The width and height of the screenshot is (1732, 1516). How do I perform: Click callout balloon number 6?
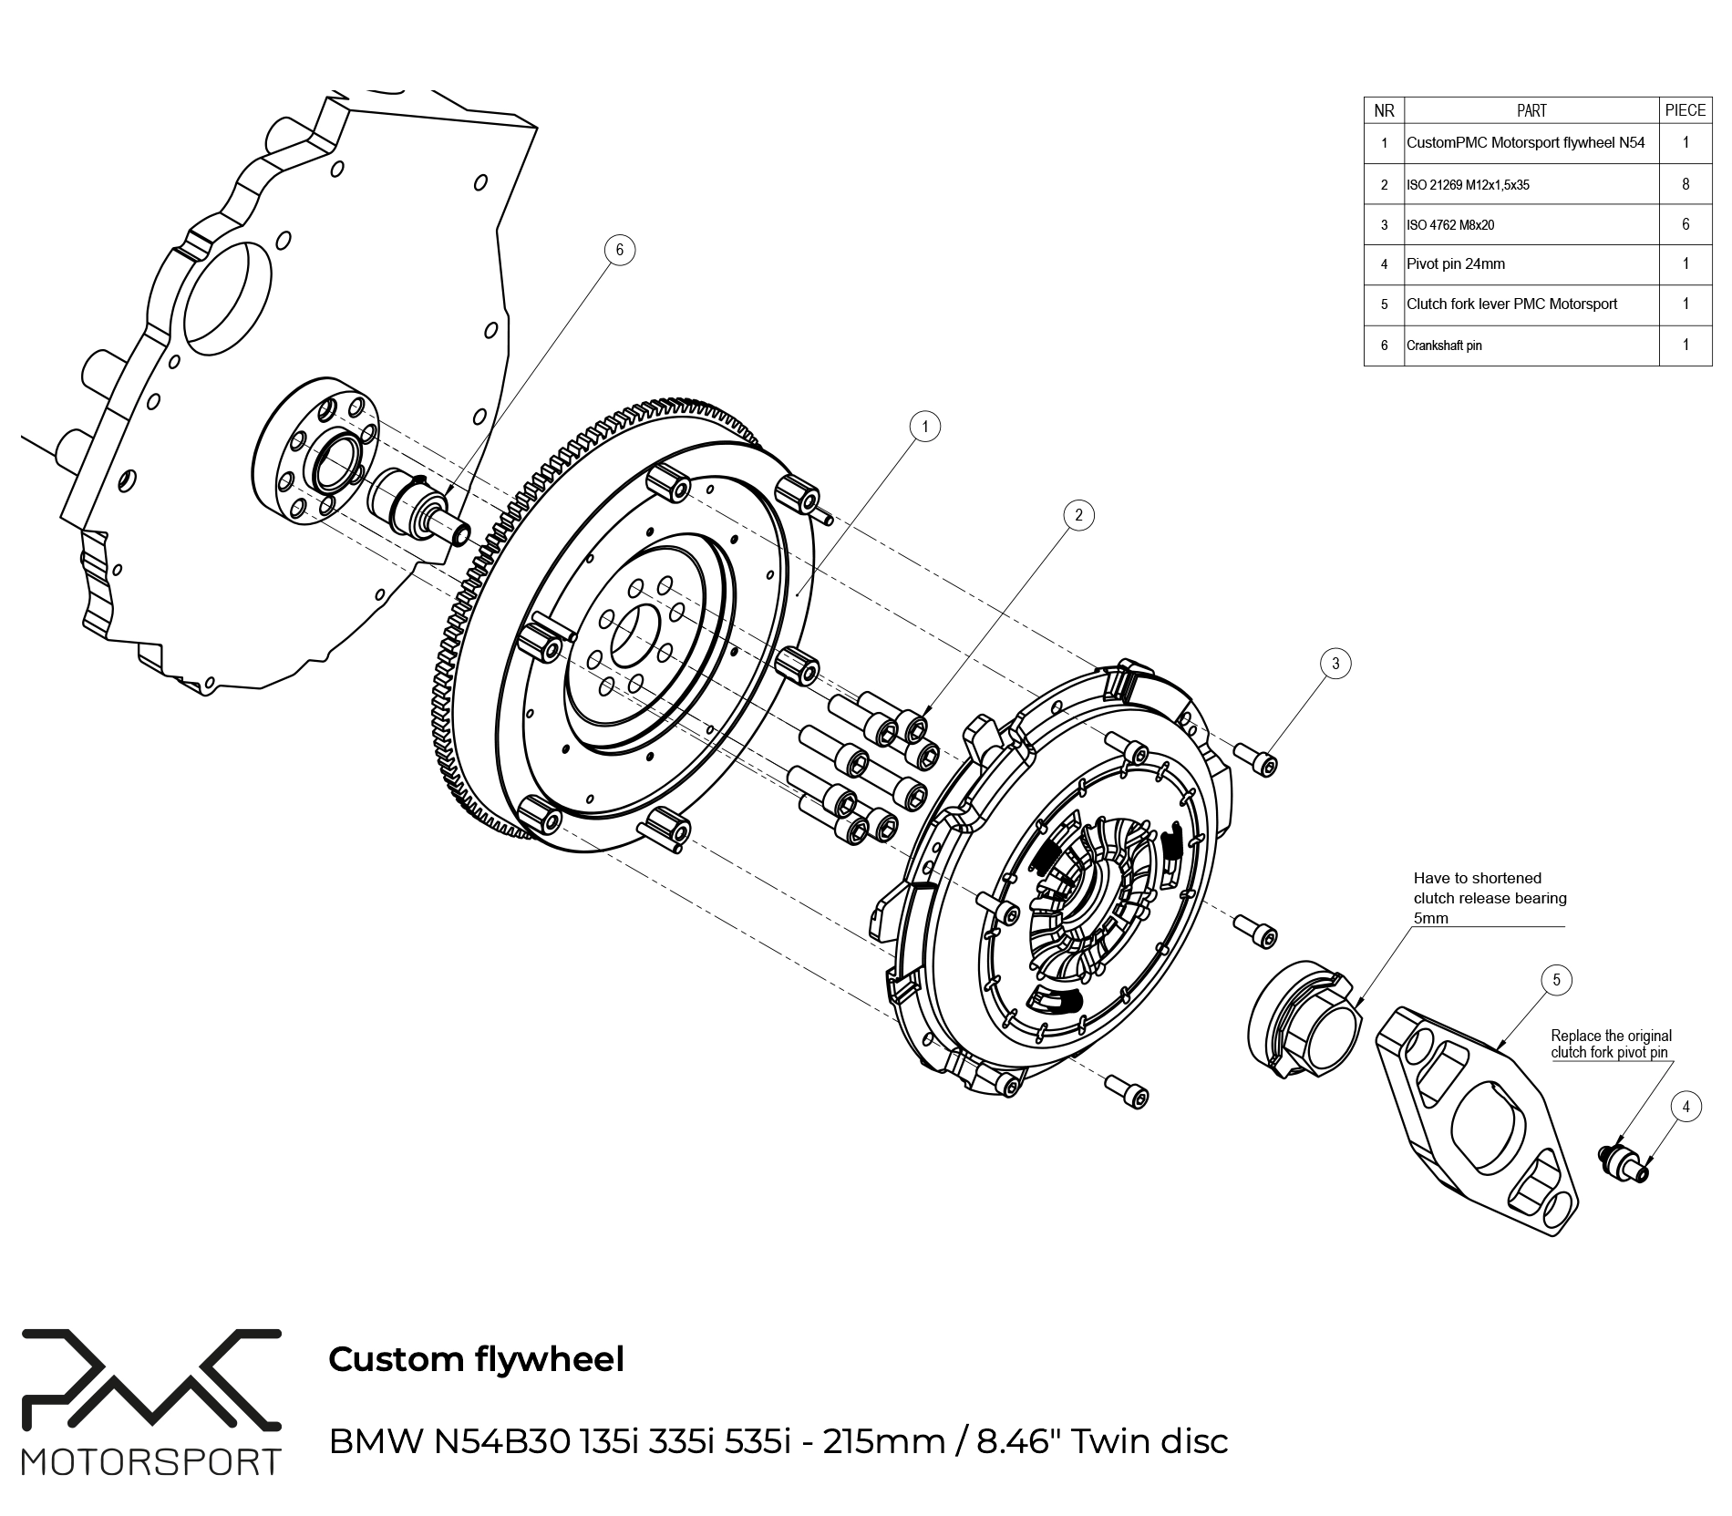coord(619,250)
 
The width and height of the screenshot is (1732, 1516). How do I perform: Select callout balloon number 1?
coord(925,426)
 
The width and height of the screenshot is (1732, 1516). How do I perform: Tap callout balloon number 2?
coord(1078,515)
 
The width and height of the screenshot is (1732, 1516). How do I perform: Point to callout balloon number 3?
coord(1335,664)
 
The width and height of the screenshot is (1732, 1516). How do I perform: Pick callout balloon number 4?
coord(1686,1107)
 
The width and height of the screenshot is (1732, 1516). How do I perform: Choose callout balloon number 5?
coord(1556,980)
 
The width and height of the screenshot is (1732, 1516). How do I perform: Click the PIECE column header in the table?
coord(1685,110)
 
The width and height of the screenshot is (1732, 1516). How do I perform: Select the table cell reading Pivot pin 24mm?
coord(1456,264)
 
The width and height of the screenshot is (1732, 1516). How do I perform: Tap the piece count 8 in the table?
coord(1686,184)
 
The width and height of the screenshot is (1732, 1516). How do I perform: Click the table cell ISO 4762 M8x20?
coord(1450,225)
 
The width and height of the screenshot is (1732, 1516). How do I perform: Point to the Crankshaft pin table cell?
coord(1444,345)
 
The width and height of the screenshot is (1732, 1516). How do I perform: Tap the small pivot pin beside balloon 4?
coord(1624,1164)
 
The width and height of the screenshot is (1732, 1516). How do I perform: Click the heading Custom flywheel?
coord(476,1359)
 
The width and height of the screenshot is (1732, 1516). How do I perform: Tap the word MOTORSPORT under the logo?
coord(150,1463)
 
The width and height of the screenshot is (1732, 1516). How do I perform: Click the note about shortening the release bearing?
coord(1490,898)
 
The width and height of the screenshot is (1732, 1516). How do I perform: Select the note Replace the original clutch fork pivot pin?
coord(1611,1044)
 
